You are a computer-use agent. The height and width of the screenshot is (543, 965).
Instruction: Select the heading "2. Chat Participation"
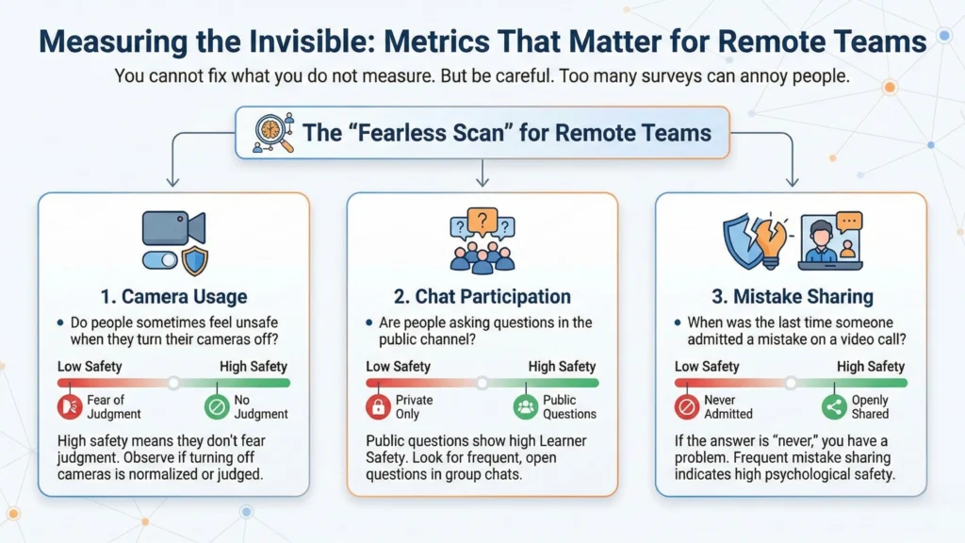coord(482,296)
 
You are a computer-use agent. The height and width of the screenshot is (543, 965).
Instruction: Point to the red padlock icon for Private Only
coord(377,406)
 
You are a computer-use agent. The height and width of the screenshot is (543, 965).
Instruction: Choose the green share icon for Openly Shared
coord(833,406)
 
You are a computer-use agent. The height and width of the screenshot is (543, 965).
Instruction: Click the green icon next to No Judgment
coord(217,406)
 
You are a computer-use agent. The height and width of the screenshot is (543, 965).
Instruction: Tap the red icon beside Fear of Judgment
coord(69,406)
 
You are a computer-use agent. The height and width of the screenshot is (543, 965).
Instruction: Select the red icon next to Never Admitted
coord(687,406)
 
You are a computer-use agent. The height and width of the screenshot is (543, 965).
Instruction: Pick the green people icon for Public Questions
coord(525,406)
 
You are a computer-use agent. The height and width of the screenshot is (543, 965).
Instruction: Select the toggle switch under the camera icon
coord(160,260)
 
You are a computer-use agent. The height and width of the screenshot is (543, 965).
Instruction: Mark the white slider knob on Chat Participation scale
coord(482,383)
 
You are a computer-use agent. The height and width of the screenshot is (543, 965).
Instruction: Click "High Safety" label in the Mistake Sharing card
coord(871,366)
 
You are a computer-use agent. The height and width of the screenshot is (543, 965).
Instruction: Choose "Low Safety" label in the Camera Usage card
coord(90,366)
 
